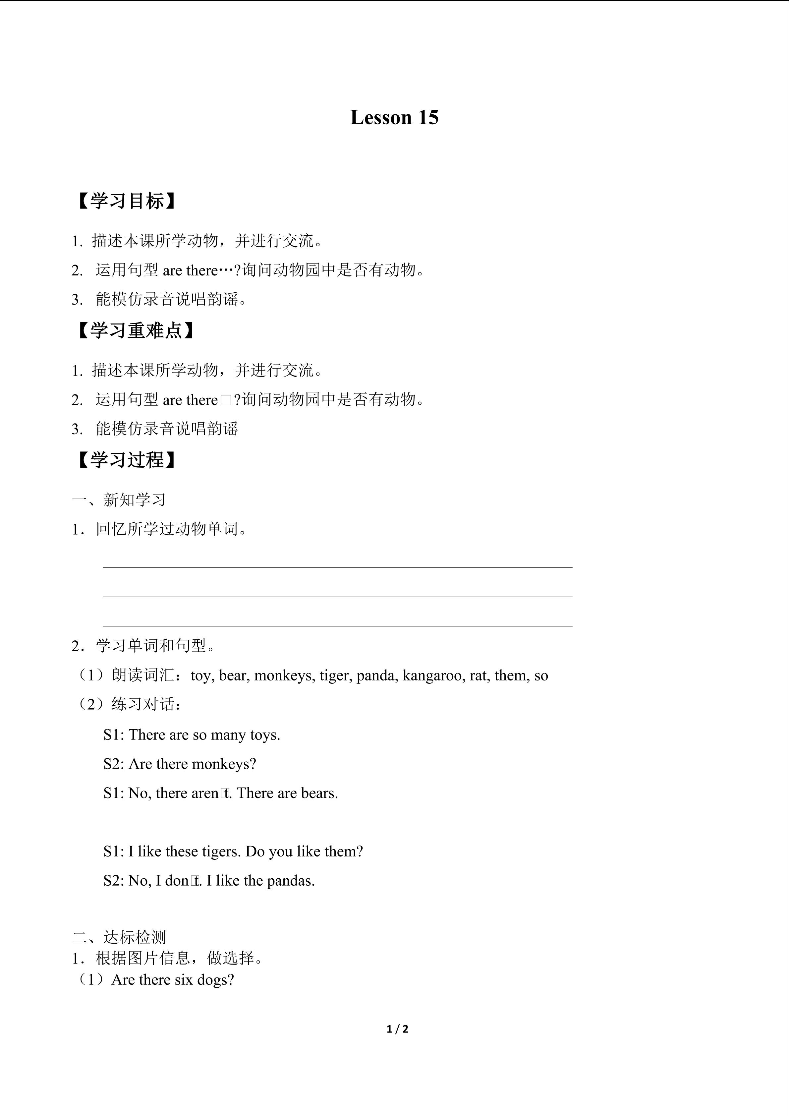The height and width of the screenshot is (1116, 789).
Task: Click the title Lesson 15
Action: (394, 118)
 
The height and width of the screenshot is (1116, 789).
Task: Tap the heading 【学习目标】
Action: (125, 201)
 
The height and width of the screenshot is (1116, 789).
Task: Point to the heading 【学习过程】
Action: (125, 460)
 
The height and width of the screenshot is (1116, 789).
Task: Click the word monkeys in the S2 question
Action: (223, 764)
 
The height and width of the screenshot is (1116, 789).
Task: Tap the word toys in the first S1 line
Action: (265, 735)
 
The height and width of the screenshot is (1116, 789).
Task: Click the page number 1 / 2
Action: (397, 1029)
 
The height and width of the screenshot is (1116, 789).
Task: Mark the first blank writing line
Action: (338, 567)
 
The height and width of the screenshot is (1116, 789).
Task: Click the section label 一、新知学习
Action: (119, 500)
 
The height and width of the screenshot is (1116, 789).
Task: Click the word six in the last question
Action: (184, 980)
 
